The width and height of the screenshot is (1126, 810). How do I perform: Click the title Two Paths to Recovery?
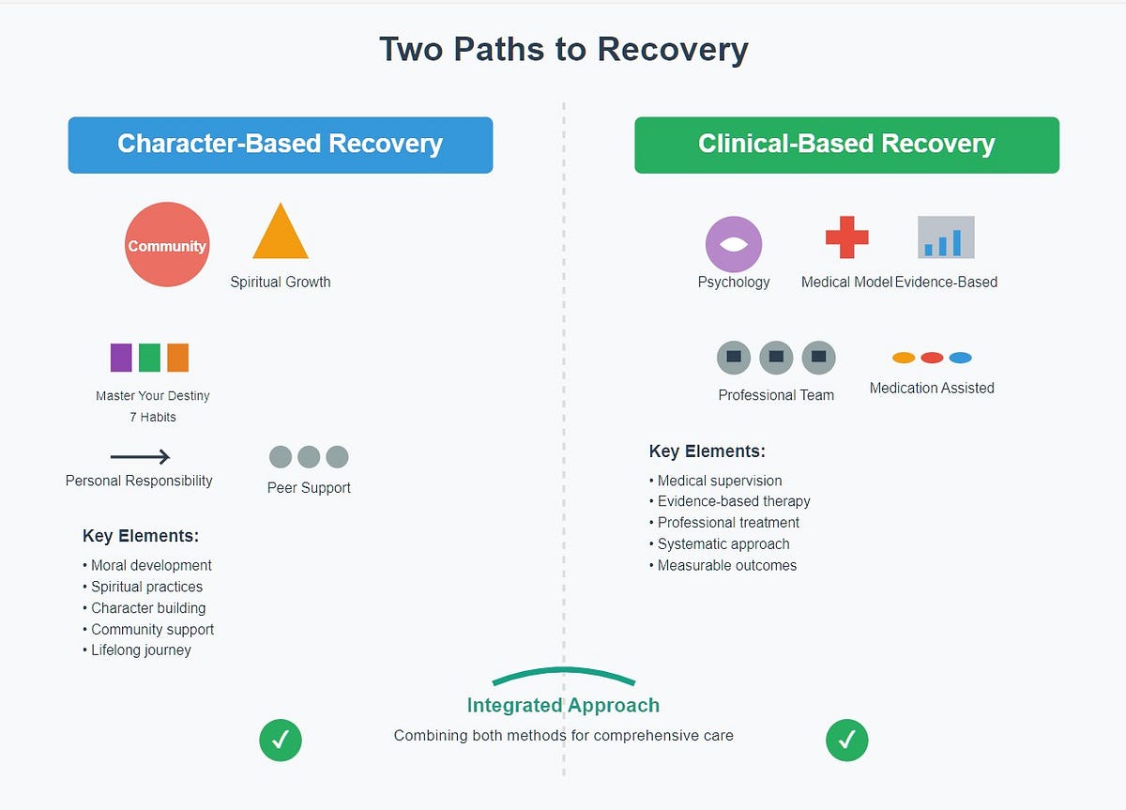tap(563, 50)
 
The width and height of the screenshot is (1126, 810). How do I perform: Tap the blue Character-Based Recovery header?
tap(280, 145)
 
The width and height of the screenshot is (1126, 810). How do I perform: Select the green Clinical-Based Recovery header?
tap(846, 145)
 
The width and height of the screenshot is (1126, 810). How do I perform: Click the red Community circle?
tap(167, 245)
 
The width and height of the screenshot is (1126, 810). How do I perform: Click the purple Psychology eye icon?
tap(734, 244)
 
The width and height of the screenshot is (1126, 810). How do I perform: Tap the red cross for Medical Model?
tap(846, 237)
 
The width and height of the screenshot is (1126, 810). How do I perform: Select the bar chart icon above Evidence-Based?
tap(946, 237)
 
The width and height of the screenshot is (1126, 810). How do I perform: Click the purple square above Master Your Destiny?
tap(121, 358)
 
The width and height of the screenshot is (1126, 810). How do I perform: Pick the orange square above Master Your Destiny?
tap(177, 358)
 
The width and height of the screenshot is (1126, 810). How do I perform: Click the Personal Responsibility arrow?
tap(140, 457)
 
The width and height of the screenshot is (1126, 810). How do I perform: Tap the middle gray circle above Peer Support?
tap(309, 457)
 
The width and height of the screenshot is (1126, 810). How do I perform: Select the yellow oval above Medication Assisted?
tap(904, 358)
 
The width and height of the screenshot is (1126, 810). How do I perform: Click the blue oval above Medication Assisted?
tap(960, 358)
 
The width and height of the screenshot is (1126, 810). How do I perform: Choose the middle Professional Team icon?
tap(776, 358)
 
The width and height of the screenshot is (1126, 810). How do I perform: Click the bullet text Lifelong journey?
tap(141, 650)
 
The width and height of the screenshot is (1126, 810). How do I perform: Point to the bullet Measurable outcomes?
tap(726, 565)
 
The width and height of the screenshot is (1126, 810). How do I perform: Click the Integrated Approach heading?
tap(563, 706)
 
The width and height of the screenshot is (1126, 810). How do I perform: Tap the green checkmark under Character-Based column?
tap(281, 741)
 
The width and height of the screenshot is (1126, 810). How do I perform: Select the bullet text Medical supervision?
tap(719, 481)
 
